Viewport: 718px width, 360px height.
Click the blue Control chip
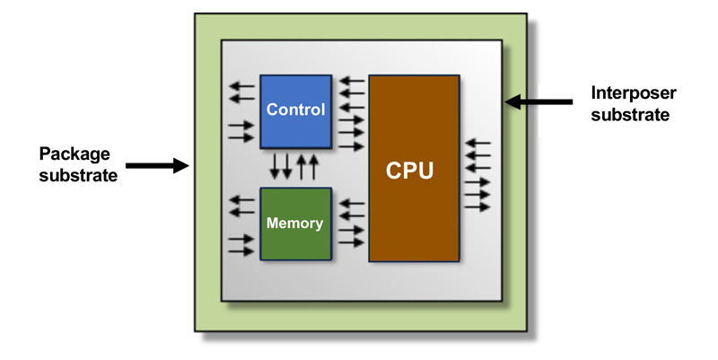(295, 110)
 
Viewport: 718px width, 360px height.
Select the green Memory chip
(295, 224)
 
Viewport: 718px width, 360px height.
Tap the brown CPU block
(414, 169)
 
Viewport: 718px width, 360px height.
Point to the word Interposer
(633, 92)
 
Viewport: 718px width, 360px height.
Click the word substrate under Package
(80, 175)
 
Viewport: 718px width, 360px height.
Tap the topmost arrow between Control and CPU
(351, 82)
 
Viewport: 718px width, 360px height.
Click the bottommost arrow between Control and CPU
(351, 145)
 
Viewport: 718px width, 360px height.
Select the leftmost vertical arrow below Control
(276, 167)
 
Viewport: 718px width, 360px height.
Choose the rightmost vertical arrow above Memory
(313, 167)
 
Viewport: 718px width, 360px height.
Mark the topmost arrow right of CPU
(478, 142)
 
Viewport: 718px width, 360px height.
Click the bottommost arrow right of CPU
(478, 206)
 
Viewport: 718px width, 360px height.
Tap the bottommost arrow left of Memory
(241, 251)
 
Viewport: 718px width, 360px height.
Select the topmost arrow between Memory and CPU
(351, 203)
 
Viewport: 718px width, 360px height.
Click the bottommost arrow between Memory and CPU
(351, 242)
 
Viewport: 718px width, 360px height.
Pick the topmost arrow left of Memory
(241, 200)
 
